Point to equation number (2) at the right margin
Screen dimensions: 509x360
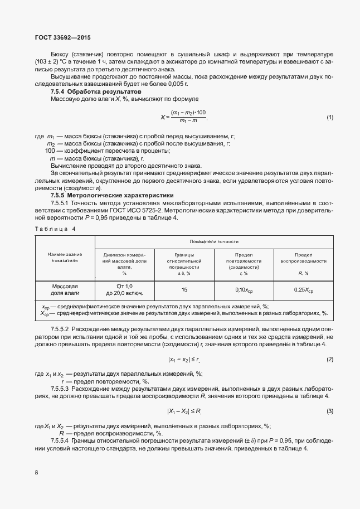click(330, 360)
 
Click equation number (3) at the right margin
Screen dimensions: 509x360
click(330, 411)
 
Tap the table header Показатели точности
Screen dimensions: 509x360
click(214, 241)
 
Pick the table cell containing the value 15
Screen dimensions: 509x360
click(184, 290)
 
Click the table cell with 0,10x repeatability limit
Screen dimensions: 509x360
click(244, 290)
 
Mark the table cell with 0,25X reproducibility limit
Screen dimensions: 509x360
click(303, 290)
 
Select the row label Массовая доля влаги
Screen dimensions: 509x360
click(65, 289)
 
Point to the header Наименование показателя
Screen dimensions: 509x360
click(65, 257)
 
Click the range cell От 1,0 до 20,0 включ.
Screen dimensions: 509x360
click(124, 289)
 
